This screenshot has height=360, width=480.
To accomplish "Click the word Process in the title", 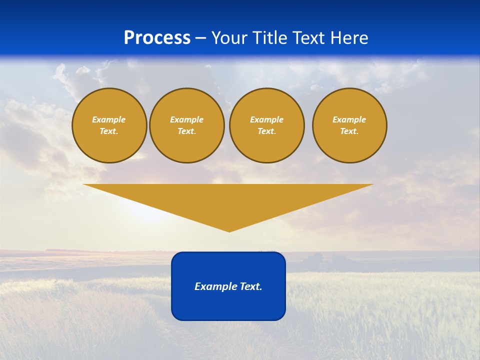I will [x=157, y=38].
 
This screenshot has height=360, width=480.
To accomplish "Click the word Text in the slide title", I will [x=309, y=38].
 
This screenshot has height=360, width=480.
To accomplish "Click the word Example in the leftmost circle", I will [x=109, y=119].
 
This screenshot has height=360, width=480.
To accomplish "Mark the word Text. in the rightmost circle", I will [x=349, y=131].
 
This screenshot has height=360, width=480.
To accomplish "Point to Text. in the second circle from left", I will [x=186, y=131].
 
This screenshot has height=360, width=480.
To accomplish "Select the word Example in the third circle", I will [x=266, y=119].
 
